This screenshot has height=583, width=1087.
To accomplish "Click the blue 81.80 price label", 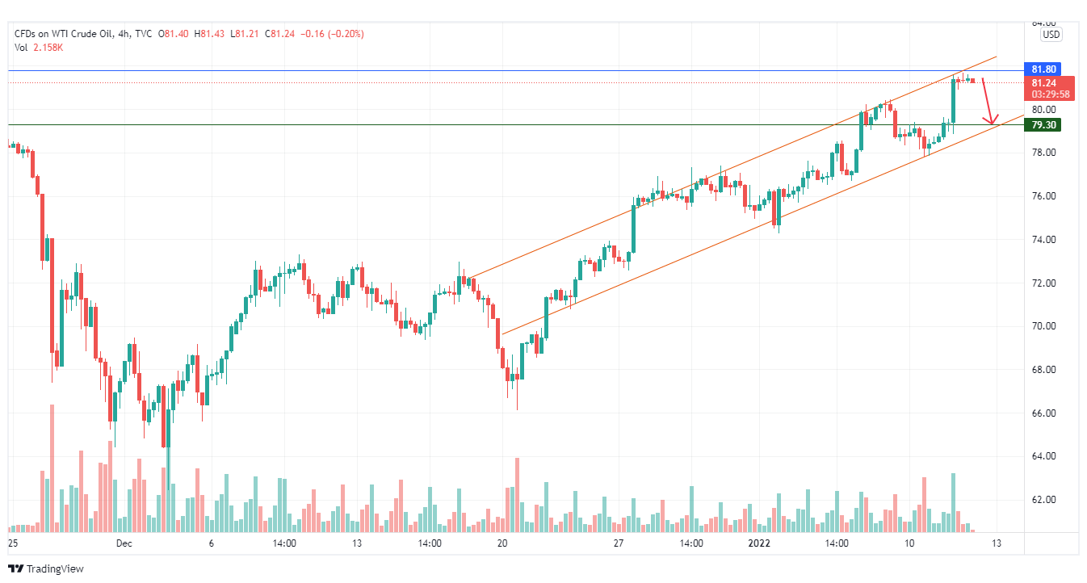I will pos(1040,69).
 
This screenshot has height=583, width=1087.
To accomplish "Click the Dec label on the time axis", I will pos(124,543).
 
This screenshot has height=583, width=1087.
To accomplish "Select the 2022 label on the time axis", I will pos(762,543).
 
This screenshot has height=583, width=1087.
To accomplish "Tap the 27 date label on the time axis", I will pos(619,543).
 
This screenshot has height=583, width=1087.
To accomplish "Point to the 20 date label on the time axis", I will pos(502,543).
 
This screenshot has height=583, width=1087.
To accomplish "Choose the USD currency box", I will pos(1051,35).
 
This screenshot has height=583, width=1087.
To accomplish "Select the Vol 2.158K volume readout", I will pos(39,48).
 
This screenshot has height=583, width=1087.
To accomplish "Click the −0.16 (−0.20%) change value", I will pos(333,34).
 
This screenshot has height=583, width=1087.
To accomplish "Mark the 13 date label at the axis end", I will pos(997,543).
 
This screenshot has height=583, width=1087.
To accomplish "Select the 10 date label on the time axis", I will pos(909,543).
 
